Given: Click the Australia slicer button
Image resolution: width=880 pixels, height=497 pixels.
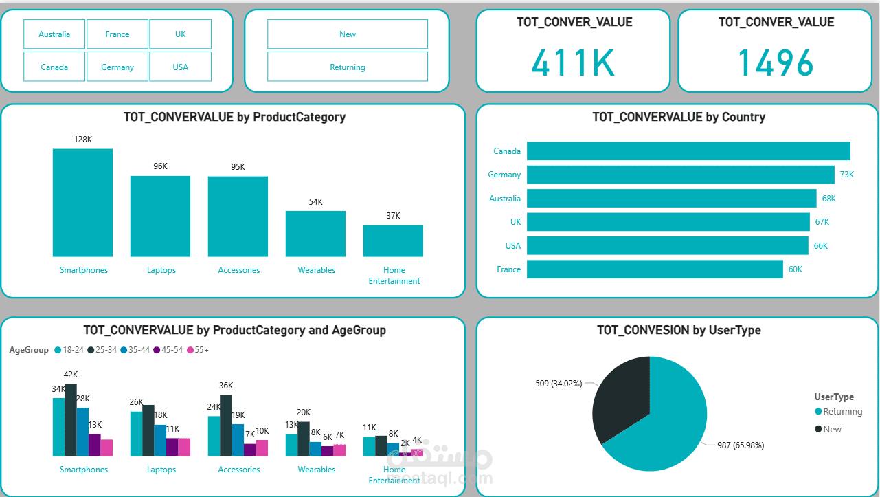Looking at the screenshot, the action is [54, 34].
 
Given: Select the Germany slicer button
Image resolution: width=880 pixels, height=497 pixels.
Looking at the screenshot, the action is [117, 67].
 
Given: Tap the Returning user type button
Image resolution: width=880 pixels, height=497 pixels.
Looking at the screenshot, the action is [348, 67].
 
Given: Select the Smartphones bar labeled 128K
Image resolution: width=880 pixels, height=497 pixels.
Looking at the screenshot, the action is [83, 203].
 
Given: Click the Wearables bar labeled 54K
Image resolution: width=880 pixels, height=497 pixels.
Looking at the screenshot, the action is [315, 234].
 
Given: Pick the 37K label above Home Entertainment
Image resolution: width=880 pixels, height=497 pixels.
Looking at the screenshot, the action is [393, 215].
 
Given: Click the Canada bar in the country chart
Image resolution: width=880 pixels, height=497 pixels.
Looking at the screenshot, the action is [688, 151].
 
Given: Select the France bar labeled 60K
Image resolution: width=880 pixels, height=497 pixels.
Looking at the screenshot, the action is [655, 269].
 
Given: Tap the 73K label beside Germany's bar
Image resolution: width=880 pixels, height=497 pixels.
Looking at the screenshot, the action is [847, 175].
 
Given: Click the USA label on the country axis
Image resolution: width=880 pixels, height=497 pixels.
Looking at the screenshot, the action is [513, 245].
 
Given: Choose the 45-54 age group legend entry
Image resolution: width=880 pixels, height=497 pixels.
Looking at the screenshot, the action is [168, 350].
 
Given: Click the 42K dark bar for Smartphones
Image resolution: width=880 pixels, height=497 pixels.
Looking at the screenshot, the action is [71, 420].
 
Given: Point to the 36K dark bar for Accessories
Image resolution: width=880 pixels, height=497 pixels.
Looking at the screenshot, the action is [226, 426].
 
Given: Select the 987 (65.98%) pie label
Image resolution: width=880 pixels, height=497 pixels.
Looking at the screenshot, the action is [741, 445].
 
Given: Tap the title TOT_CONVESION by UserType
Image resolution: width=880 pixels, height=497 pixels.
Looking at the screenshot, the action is [679, 330].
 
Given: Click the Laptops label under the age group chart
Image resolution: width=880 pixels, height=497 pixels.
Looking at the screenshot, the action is [161, 470].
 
